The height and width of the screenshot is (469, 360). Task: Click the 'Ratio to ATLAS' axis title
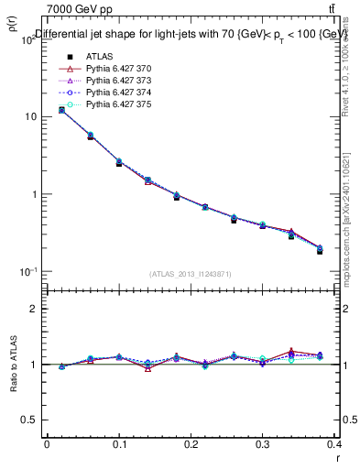[13, 365]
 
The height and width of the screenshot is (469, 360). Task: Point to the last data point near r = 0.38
[320, 250]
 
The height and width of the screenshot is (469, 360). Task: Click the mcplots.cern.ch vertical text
[351, 220]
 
